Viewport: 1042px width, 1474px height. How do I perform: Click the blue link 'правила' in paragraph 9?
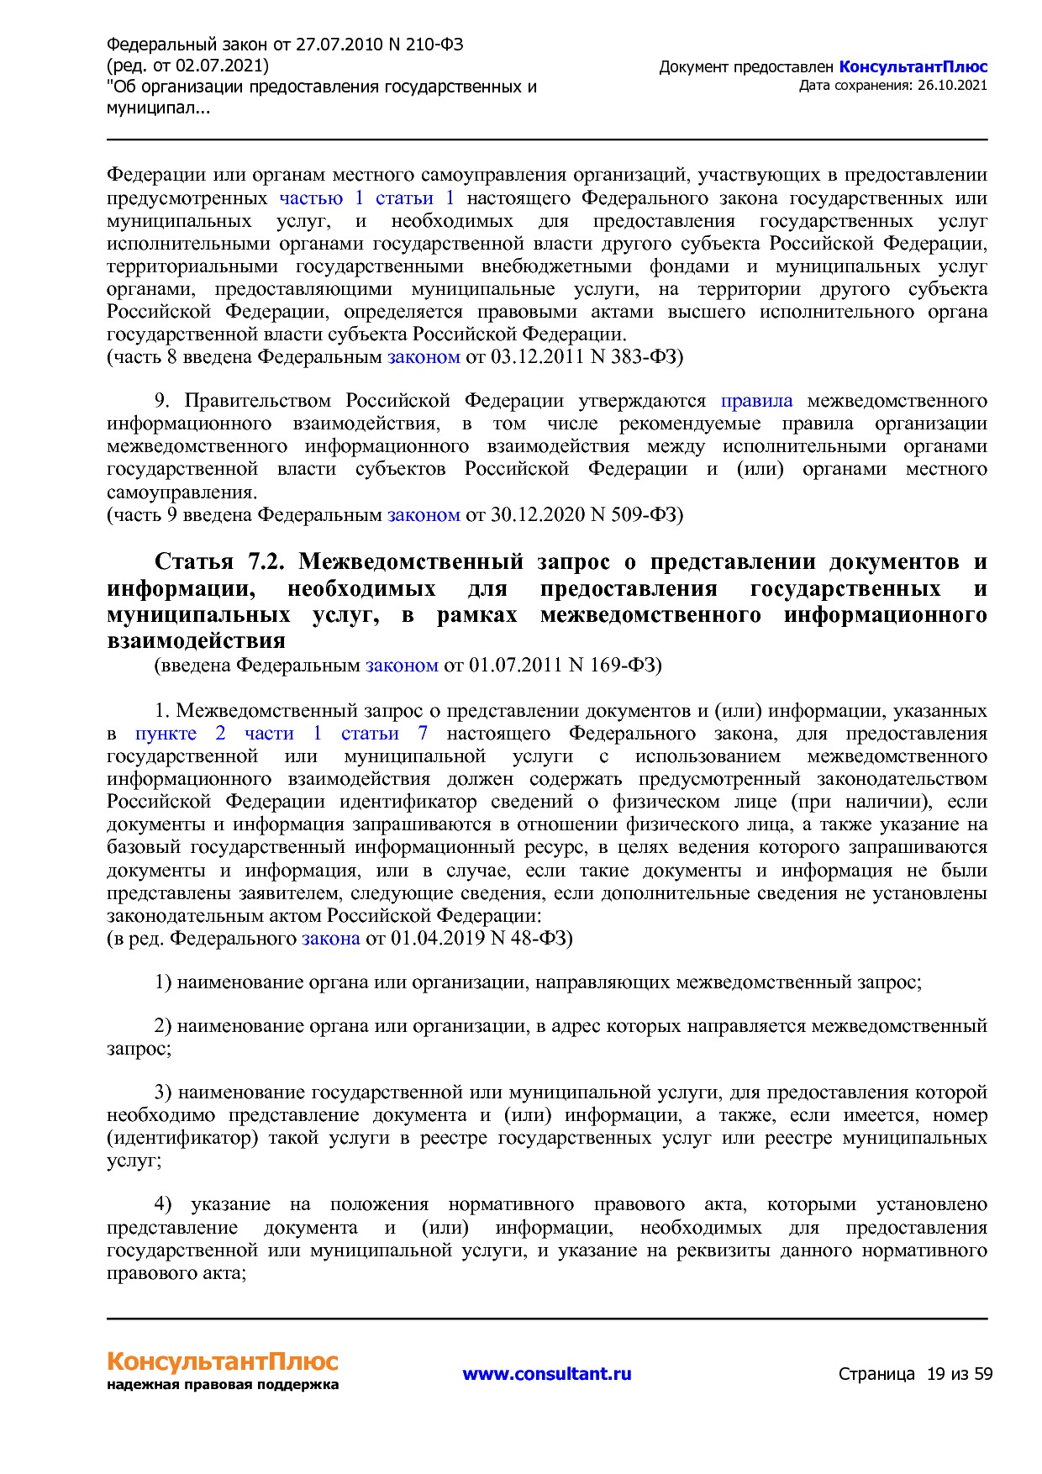(756, 401)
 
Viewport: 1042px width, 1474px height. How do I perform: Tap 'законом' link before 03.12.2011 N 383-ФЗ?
(424, 357)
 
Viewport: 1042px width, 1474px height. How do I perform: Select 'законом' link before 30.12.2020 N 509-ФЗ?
(424, 514)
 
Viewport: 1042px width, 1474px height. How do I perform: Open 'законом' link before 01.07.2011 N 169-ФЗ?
(402, 666)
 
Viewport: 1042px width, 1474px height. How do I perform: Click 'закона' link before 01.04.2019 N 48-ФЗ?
(331, 938)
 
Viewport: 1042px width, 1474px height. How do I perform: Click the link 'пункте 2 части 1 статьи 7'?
(282, 734)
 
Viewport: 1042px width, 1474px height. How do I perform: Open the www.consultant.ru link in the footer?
(547, 1374)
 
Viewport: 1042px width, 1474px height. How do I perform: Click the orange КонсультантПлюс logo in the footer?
(223, 1361)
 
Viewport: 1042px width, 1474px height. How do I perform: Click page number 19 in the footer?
(935, 1375)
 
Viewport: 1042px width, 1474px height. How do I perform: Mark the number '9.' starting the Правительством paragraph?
(163, 401)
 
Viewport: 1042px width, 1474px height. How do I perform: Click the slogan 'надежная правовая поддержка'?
(223, 1385)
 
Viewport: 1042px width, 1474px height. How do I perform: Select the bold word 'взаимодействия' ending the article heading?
(196, 641)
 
